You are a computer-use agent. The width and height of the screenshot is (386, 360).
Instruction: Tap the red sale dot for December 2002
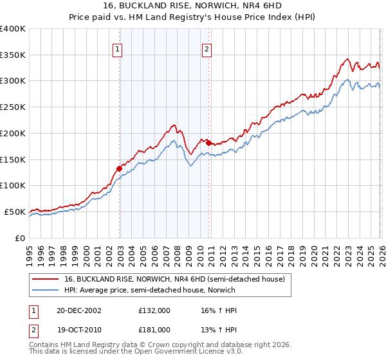click(119, 168)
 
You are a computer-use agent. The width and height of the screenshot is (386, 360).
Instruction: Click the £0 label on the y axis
click(19, 238)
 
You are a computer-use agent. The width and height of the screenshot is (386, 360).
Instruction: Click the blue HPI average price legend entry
click(150, 290)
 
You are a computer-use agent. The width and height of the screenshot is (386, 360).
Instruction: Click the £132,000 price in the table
click(154, 310)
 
